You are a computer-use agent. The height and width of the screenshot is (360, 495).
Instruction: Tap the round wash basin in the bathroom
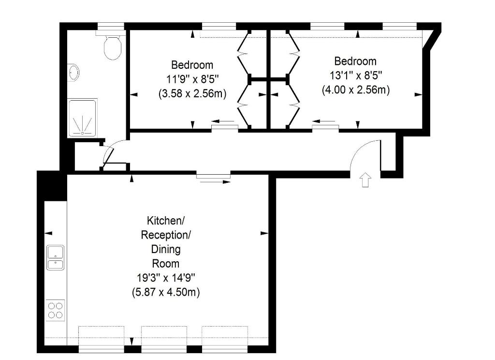74,72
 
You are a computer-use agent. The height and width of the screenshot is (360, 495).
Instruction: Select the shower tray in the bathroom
83,118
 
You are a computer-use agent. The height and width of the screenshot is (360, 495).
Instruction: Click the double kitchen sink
55,257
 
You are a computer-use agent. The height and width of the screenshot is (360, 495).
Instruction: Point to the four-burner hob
55,310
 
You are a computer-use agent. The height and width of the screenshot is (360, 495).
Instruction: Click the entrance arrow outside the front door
365,180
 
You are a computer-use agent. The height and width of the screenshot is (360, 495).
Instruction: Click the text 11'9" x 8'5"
192,79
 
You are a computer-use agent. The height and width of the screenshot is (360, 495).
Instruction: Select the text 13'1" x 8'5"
356,75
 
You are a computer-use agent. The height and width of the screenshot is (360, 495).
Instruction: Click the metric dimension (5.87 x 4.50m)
166,292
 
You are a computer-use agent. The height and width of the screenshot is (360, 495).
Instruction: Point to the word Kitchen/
165,220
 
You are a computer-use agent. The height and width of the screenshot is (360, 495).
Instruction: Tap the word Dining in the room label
166,249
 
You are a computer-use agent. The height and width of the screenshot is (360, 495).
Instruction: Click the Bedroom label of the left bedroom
192,65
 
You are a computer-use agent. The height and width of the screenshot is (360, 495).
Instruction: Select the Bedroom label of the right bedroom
355,60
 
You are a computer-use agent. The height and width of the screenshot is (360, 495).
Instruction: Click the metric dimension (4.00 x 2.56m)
356,90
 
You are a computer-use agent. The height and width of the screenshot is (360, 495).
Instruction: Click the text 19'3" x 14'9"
166,278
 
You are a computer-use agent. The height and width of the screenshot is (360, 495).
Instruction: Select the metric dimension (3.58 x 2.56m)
192,93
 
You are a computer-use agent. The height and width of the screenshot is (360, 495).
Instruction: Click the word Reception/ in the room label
166,235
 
